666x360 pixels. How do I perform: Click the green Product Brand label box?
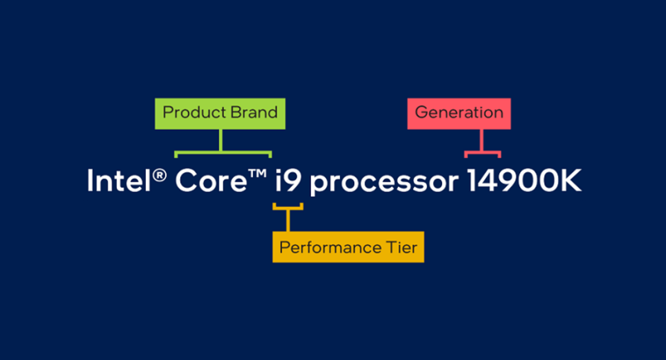(220, 114)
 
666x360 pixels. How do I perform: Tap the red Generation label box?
(458, 114)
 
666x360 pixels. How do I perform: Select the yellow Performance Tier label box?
(348, 247)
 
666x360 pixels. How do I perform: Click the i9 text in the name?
(289, 181)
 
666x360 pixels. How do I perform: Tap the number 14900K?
(523, 181)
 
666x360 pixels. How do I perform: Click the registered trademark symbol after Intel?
(160, 175)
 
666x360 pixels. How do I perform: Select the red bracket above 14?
(482, 152)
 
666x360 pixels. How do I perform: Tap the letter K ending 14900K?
(569, 181)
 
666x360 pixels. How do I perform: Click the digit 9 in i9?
(294, 182)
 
